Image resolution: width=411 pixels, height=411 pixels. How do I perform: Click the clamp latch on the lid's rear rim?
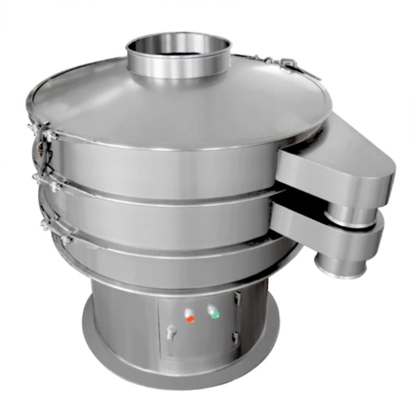click(285, 64)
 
